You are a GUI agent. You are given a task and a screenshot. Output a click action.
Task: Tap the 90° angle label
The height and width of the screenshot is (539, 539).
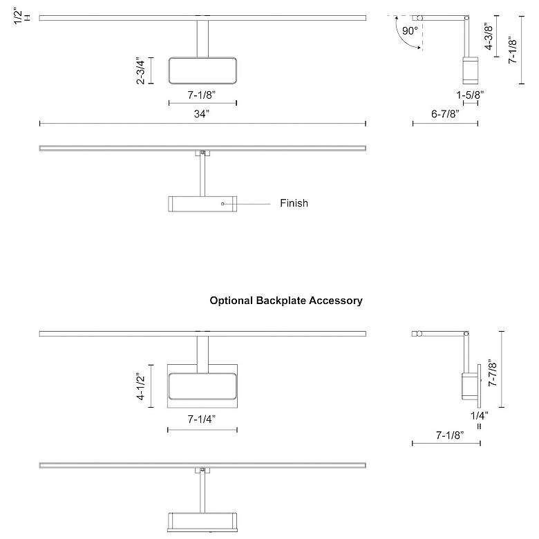click(410, 31)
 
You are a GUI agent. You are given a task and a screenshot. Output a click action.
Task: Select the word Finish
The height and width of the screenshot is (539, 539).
click(294, 203)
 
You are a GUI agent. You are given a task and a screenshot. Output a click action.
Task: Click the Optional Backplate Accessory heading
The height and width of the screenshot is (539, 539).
click(286, 301)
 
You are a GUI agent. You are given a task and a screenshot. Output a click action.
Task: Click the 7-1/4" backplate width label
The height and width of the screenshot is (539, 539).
click(202, 419)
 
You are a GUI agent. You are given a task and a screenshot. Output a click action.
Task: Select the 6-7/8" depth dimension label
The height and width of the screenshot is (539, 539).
click(445, 113)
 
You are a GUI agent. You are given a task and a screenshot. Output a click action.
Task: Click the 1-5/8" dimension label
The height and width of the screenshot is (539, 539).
click(470, 94)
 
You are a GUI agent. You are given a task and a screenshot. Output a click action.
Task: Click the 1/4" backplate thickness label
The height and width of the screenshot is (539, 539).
click(479, 416)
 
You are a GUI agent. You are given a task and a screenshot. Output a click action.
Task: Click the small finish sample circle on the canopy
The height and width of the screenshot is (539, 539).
click(223, 204)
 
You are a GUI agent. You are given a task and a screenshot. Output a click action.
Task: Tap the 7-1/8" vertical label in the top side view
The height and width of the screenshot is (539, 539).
click(512, 50)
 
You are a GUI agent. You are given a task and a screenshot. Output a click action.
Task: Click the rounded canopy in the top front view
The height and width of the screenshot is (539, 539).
click(202, 70)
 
